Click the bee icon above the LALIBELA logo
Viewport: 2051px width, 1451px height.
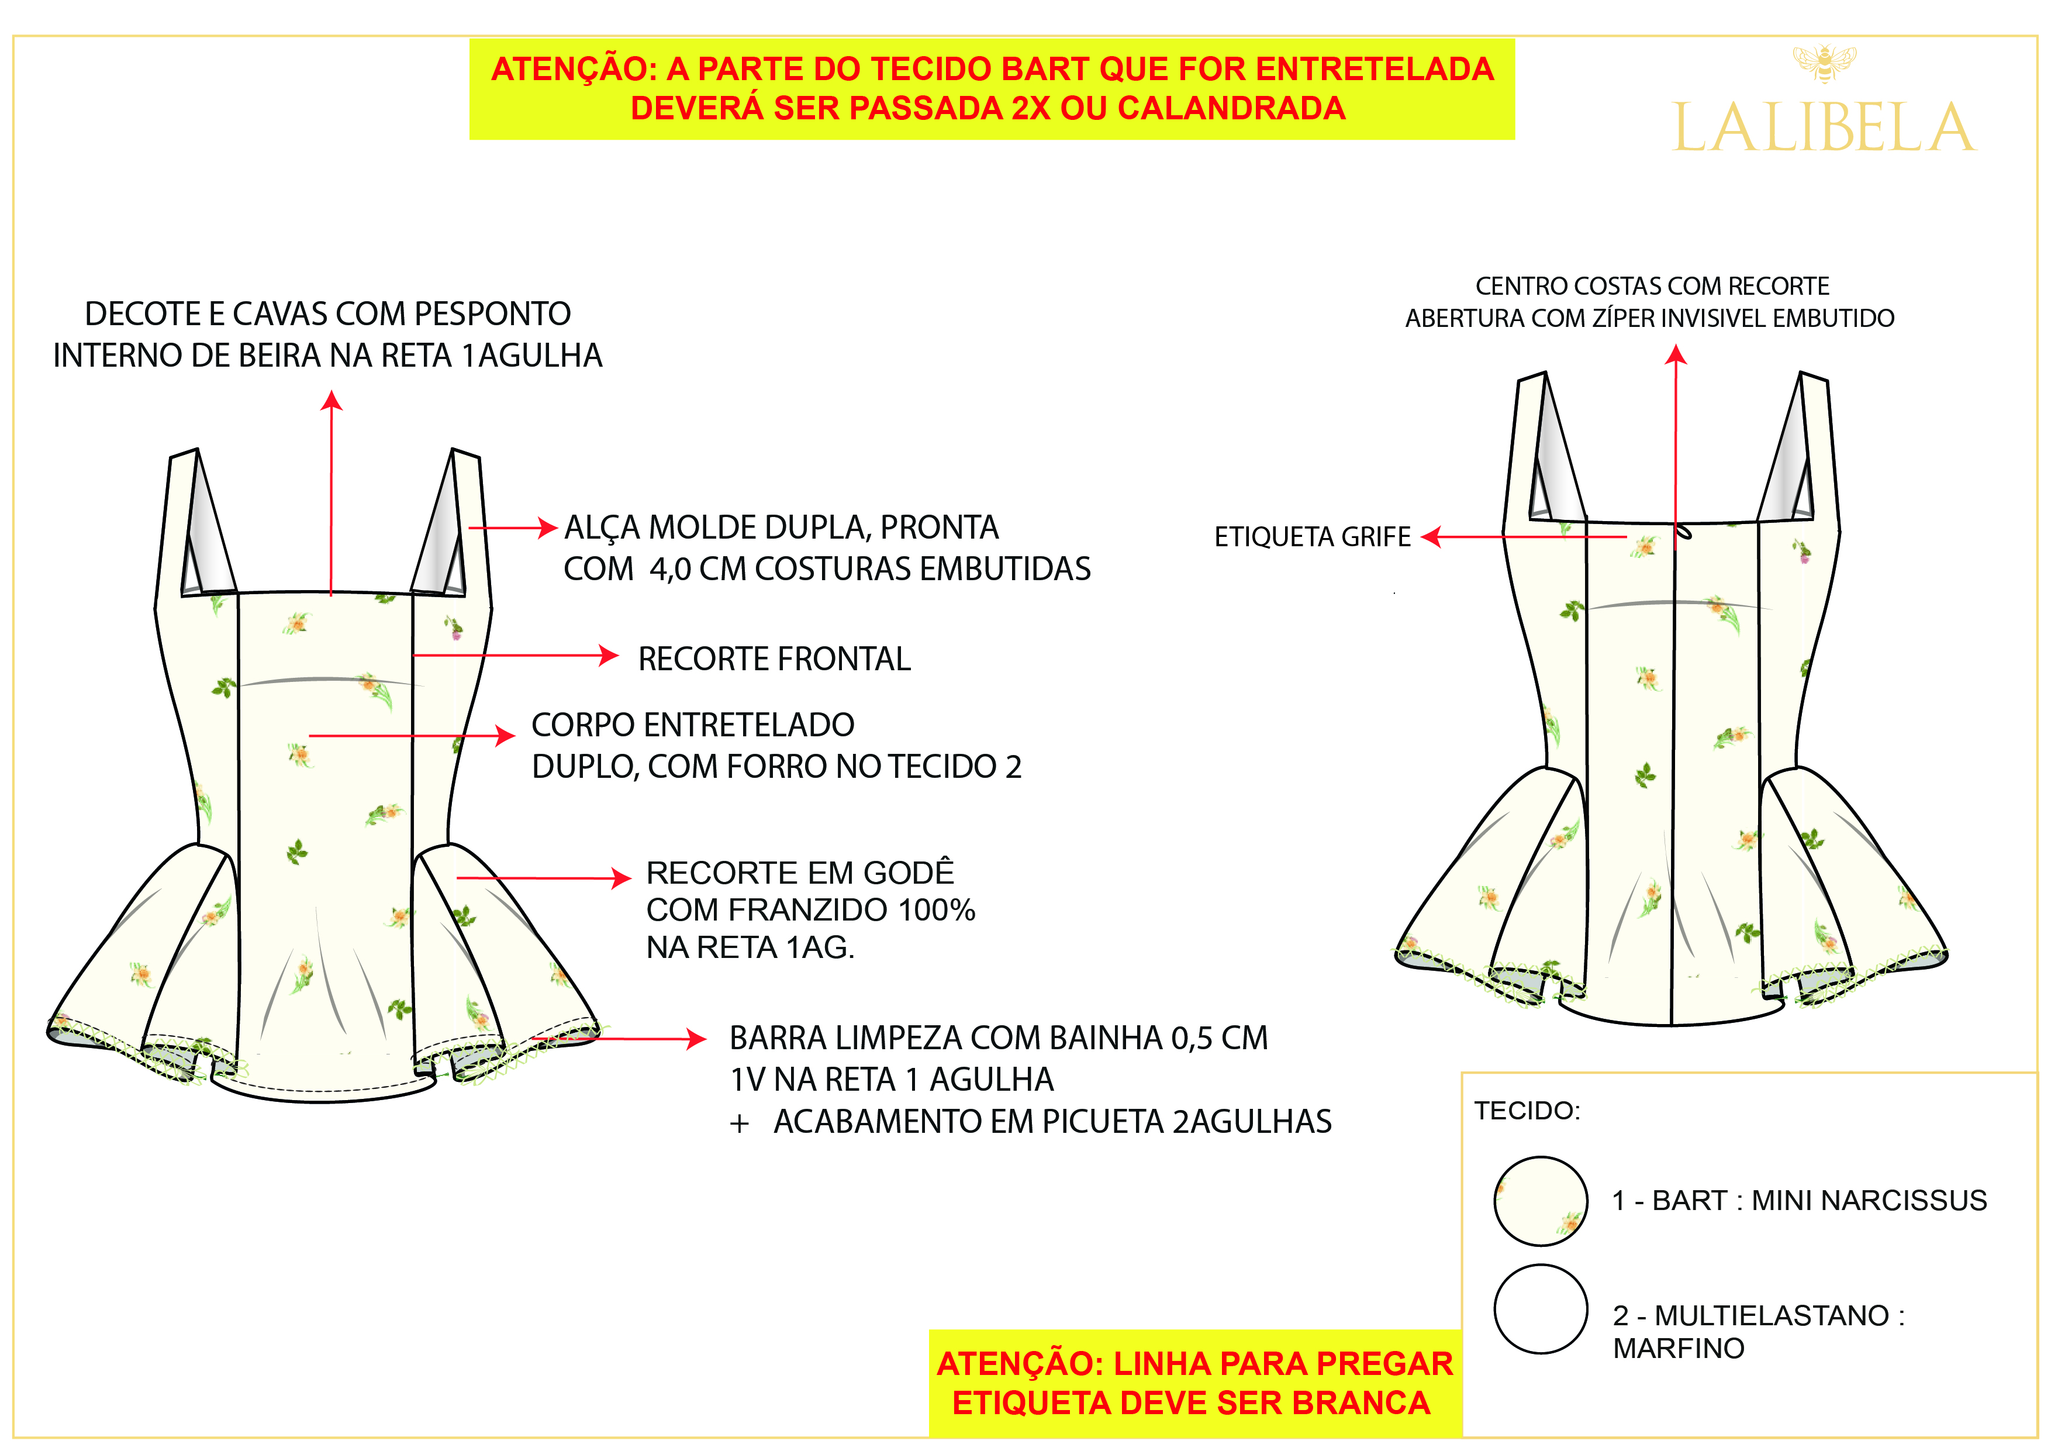[1824, 63]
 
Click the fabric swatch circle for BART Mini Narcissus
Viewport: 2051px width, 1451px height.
[1540, 1201]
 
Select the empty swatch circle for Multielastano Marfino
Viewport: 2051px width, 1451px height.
[1540, 1308]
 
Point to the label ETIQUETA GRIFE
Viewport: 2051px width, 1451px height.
[1311, 537]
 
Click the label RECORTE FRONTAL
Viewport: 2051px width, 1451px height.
[774, 659]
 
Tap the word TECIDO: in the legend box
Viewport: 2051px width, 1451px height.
[1527, 1111]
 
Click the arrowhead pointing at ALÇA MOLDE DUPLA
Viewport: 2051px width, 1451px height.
[548, 528]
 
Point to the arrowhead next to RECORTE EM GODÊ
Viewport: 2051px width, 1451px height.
[621, 878]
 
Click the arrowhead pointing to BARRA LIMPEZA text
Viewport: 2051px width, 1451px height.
[697, 1038]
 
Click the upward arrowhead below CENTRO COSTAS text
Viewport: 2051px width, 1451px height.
[1676, 356]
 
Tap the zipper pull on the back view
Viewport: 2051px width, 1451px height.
[1683, 532]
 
